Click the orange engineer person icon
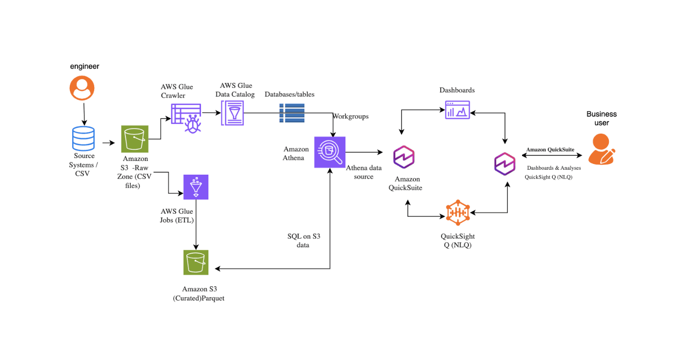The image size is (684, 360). tap(82, 88)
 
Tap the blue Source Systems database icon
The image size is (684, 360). tap(83, 139)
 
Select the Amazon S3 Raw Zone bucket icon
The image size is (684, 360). tap(134, 139)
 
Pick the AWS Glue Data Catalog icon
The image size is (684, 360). tap(233, 113)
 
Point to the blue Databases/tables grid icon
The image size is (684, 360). tap(292, 113)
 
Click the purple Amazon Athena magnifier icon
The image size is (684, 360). tap(330, 152)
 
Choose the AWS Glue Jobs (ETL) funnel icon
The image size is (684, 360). tap(196, 187)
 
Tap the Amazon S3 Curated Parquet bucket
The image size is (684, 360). tap(196, 262)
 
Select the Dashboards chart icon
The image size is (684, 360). tap(458, 110)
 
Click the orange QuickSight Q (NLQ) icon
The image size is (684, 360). tap(458, 213)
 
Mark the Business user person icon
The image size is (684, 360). tap(601, 149)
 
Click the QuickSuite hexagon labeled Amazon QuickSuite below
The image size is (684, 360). tap(404, 157)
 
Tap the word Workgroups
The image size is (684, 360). tap(350, 117)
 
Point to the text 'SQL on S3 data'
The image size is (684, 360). tap(303, 240)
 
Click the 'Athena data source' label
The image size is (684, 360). tap(363, 172)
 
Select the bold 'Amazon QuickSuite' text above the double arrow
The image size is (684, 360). tap(550, 150)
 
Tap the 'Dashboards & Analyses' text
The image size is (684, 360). tap(554, 168)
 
